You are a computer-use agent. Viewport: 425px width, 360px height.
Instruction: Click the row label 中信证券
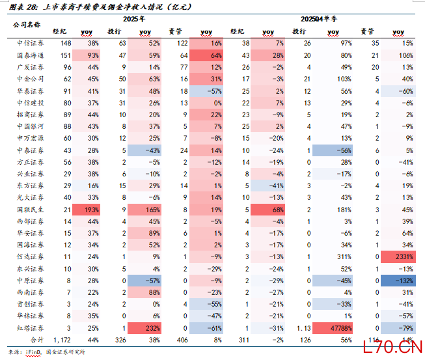pyautogui.click(x=31, y=43)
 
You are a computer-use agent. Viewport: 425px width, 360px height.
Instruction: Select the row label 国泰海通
pyautogui.click(x=31, y=55)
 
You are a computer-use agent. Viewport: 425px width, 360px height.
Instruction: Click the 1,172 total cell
pyautogui.click(x=61, y=339)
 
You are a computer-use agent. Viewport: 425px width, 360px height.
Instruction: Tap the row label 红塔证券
pyautogui.click(x=31, y=327)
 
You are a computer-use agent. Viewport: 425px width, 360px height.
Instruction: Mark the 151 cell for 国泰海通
pyautogui.click(x=65, y=55)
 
